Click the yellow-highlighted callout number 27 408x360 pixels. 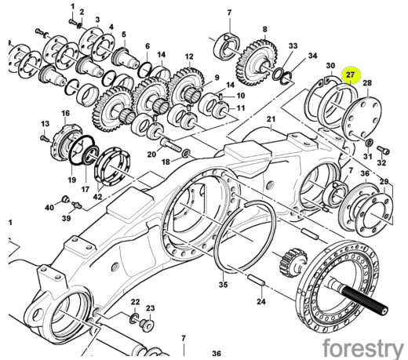[350, 75]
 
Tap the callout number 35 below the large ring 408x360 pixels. [223, 284]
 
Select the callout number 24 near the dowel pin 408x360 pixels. [261, 301]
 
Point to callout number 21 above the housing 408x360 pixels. [271, 119]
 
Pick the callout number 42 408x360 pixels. [98, 196]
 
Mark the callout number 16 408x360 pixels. [66, 113]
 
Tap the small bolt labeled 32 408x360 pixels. [384, 150]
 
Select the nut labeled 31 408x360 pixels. [369, 143]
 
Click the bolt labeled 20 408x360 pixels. [170, 145]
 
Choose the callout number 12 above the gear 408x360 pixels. [189, 56]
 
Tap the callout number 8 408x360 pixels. [265, 29]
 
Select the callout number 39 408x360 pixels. [67, 217]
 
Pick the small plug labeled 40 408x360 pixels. [65, 200]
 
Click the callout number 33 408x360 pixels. [293, 45]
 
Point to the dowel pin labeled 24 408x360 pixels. [257, 279]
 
